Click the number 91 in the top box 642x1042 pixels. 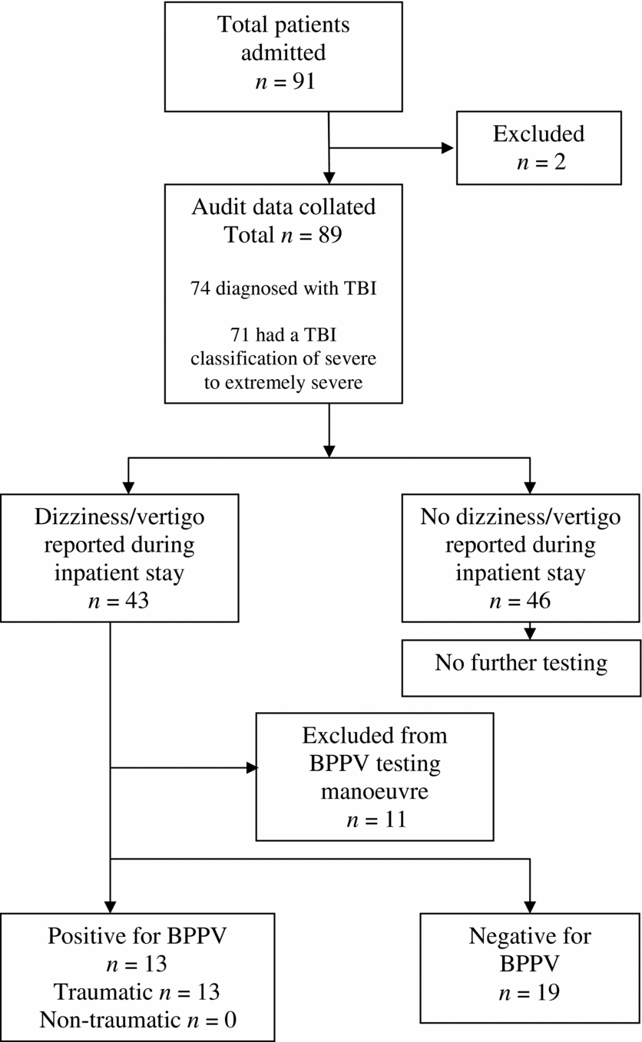(x=300, y=81)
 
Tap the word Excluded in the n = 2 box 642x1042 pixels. (x=538, y=134)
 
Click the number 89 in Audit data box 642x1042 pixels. (x=326, y=236)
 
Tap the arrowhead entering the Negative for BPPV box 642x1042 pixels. (x=529, y=905)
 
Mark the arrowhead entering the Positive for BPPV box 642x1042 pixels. (x=112, y=905)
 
